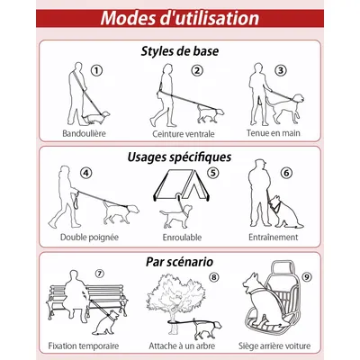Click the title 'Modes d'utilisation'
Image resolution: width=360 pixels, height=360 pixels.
(180, 18)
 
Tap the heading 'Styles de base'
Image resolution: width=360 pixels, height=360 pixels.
(180, 51)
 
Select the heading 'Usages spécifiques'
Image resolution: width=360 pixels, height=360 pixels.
(179, 157)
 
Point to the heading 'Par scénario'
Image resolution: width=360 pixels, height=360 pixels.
(179, 262)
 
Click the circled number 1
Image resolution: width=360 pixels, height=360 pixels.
(96, 71)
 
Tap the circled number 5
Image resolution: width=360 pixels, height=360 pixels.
(213, 173)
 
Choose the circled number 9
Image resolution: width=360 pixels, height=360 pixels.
(307, 277)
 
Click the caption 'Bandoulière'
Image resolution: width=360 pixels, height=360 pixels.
(84, 133)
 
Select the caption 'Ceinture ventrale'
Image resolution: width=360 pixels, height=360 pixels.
(184, 134)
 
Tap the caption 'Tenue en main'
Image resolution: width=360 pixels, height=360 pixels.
(274, 133)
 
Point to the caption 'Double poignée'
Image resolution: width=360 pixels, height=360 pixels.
(89, 238)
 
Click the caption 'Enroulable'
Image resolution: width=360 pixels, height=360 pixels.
(182, 238)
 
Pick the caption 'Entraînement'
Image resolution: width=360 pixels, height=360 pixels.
(274, 238)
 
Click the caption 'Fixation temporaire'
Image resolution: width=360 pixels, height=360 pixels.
(84, 346)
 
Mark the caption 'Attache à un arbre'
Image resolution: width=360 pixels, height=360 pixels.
(182, 346)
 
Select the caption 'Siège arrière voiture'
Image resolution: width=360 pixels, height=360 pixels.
(274, 346)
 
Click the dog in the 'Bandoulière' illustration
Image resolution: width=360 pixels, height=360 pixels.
(95, 117)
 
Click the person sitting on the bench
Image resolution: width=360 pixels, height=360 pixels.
(75, 295)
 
